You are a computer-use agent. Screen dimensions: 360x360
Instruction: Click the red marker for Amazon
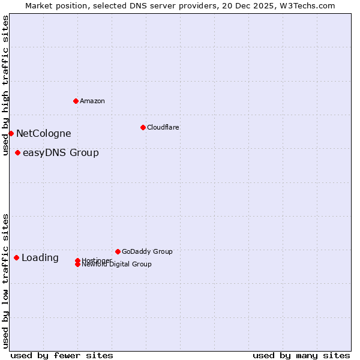(76, 101)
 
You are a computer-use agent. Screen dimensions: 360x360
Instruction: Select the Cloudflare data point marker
(143, 127)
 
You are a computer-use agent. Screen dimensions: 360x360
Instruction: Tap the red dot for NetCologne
(11, 133)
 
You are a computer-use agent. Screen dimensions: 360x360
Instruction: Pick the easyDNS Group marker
(17, 152)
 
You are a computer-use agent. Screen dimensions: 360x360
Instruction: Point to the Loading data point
(16, 257)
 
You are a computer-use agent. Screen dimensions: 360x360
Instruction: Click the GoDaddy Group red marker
(118, 251)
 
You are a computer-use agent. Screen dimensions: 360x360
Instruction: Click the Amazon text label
(92, 101)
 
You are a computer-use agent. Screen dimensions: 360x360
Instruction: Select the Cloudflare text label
(163, 127)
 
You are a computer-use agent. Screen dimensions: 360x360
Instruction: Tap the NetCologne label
(43, 134)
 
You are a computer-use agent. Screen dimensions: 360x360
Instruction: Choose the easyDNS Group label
(61, 153)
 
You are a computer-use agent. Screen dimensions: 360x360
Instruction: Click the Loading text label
(40, 258)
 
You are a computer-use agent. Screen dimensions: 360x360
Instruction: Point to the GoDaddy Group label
(147, 252)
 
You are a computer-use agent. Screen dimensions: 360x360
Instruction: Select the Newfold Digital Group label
(116, 264)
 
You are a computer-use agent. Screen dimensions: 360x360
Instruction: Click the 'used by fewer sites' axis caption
(62, 355)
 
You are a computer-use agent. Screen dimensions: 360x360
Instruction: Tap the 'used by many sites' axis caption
(301, 355)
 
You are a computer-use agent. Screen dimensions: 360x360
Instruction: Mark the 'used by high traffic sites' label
(6, 85)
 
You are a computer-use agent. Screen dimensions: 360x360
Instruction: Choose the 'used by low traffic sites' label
(6, 281)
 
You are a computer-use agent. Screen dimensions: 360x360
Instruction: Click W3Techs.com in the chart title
(306, 5)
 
